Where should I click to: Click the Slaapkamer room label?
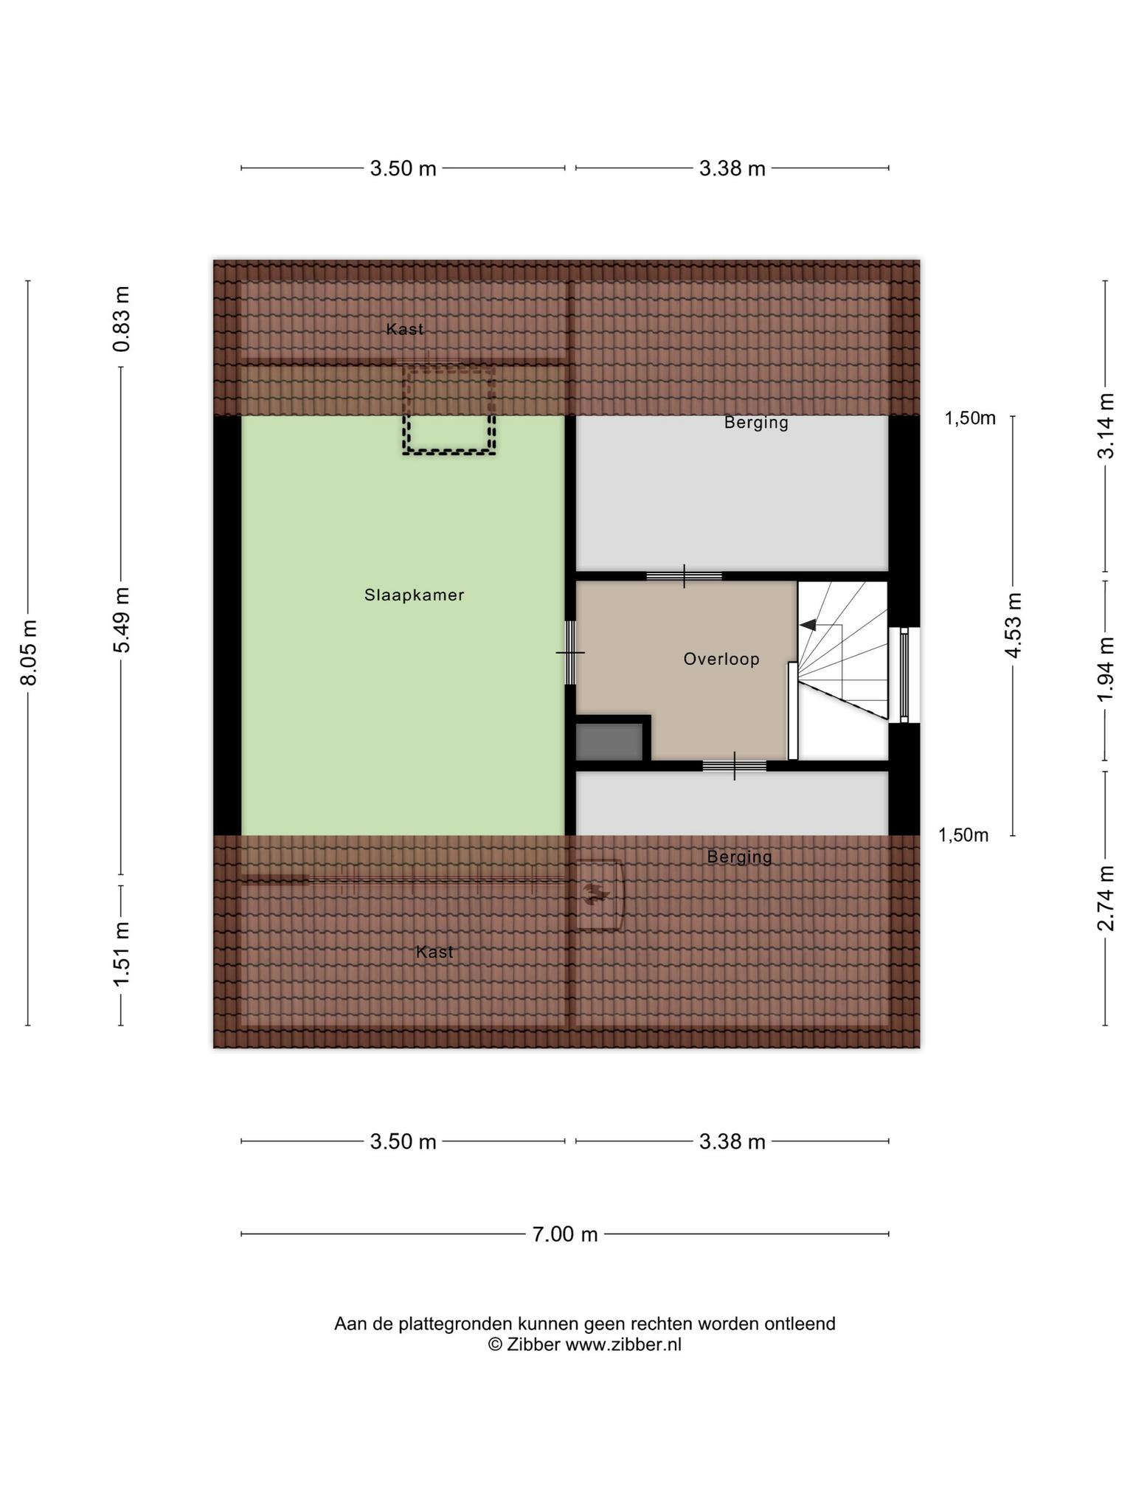click(x=414, y=595)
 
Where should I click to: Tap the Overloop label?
click(x=721, y=659)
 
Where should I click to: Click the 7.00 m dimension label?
click(x=565, y=1234)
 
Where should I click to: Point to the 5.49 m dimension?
click(x=122, y=620)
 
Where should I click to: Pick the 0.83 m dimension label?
click(x=122, y=319)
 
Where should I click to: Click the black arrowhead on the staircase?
click(x=808, y=625)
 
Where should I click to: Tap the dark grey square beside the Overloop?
click(x=609, y=741)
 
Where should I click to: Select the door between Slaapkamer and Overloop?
click(x=570, y=653)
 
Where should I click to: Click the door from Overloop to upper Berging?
click(x=684, y=576)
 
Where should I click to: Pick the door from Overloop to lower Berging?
click(x=735, y=766)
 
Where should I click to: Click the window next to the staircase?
click(x=904, y=675)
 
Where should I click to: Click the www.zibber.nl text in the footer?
click(x=623, y=1344)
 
